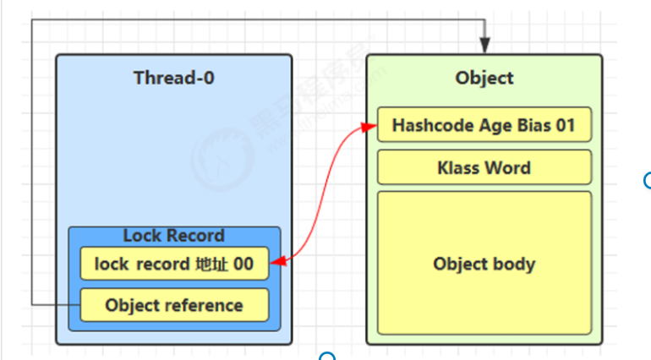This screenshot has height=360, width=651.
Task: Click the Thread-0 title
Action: pyautogui.click(x=173, y=78)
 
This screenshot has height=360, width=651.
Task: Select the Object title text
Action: pyautogui.click(x=484, y=78)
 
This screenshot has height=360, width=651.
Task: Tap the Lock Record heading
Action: pyautogui.click(x=173, y=236)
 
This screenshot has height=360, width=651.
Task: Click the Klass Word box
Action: pyautogui.click(x=484, y=167)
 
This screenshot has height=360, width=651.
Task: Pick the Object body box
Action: pyautogui.click(x=484, y=264)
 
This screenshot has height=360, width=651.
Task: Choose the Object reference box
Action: pyautogui.click(x=173, y=305)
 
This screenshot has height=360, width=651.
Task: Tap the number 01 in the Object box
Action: pyautogui.click(x=565, y=126)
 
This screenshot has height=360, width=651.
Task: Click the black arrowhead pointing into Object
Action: pyautogui.click(x=484, y=47)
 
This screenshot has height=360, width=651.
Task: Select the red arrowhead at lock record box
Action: pyautogui.click(x=277, y=263)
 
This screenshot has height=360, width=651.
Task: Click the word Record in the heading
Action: pyautogui.click(x=195, y=236)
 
